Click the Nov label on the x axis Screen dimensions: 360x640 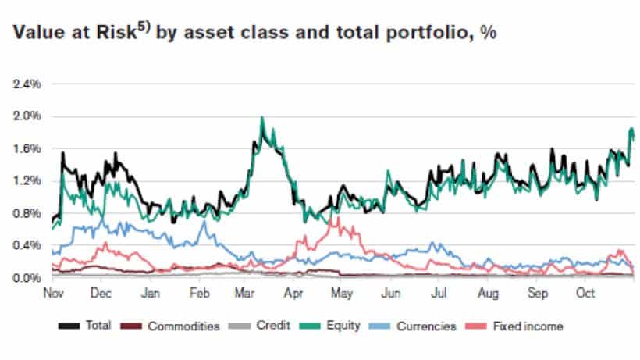tap(52, 294)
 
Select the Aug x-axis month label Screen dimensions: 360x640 tap(488, 294)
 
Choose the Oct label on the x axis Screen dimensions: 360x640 tap(584, 294)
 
